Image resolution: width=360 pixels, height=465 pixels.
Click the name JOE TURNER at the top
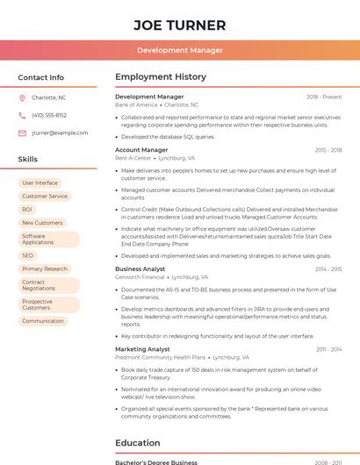pyautogui.click(x=180, y=25)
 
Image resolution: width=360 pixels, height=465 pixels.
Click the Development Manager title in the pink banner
pyautogui.click(x=180, y=51)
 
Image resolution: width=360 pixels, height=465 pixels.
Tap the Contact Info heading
pyautogui.click(x=41, y=77)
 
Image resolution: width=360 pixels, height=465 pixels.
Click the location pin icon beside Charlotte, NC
pyautogui.click(x=22, y=98)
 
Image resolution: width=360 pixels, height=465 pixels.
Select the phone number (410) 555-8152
pyautogui.click(x=49, y=116)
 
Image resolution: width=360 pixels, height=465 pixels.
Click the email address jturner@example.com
pyautogui.click(x=60, y=133)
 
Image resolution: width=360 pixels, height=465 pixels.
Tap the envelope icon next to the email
pyautogui.click(x=22, y=133)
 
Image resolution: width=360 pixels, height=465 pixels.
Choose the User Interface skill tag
pyautogui.click(x=40, y=183)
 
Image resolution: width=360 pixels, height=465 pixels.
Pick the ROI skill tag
pyautogui.click(x=27, y=210)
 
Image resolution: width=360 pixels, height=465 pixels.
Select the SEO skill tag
pyautogui.click(x=28, y=255)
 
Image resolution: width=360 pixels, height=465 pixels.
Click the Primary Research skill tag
pyautogui.click(x=45, y=269)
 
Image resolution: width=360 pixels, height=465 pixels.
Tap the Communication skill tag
pyautogui.click(x=43, y=321)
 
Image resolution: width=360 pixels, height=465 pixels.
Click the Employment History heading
pyautogui.click(x=161, y=77)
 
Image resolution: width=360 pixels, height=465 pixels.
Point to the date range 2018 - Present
pyautogui.click(x=324, y=97)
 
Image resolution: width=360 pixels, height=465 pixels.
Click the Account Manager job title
pyautogui.click(x=141, y=150)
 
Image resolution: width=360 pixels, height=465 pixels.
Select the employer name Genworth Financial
pyautogui.click(x=140, y=276)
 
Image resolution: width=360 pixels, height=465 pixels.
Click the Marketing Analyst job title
pyautogui.click(x=142, y=349)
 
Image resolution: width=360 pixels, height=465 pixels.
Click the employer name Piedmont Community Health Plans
pyautogui.click(x=160, y=357)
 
